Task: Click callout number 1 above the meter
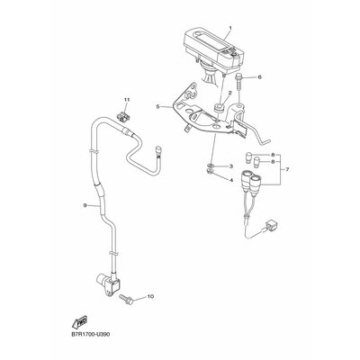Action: (x=230, y=28)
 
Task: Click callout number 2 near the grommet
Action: (x=230, y=93)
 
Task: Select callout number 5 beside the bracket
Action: (x=158, y=106)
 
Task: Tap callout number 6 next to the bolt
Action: (x=260, y=77)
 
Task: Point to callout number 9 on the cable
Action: (x=85, y=205)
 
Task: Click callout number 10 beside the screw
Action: (x=150, y=296)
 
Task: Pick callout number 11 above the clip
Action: (x=126, y=99)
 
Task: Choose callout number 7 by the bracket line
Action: (x=287, y=170)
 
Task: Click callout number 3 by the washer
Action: (x=231, y=166)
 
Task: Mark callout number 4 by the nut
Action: (x=231, y=180)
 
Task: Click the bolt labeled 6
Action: (x=239, y=78)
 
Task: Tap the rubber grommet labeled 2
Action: (x=220, y=108)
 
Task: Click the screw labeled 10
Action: (x=126, y=300)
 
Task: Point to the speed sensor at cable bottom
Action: (x=108, y=282)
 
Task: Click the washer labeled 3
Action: (x=211, y=166)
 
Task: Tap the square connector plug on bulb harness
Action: (x=270, y=226)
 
